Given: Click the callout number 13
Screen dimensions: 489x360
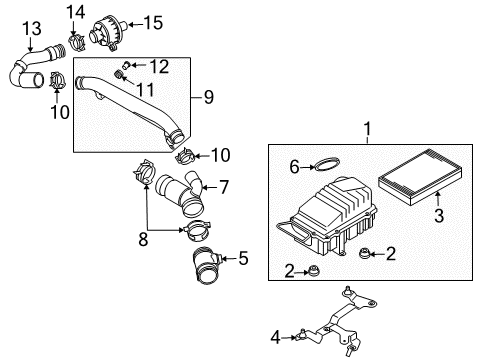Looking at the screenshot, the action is [32, 28].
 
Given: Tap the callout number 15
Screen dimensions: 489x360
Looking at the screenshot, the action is [153, 23].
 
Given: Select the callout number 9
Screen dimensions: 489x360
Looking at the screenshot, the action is [208, 97].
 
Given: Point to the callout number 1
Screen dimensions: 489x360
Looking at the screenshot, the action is [367, 129].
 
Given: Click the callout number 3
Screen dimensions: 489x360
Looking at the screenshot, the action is [439, 215].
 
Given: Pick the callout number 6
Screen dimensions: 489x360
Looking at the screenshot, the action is [294, 167].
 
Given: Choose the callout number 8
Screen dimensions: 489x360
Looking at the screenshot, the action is [143, 239].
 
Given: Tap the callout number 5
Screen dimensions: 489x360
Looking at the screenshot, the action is [243, 258].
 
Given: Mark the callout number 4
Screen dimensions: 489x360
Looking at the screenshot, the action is [275, 337].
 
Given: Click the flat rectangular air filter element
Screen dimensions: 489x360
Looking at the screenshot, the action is [420, 177].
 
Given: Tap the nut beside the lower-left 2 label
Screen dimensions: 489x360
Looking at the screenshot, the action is [313, 270].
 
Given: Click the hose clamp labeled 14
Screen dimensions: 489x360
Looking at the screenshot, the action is [77, 43].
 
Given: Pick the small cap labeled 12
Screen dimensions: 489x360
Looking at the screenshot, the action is [126, 65].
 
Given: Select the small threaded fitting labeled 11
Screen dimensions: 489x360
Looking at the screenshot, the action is [118, 74].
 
